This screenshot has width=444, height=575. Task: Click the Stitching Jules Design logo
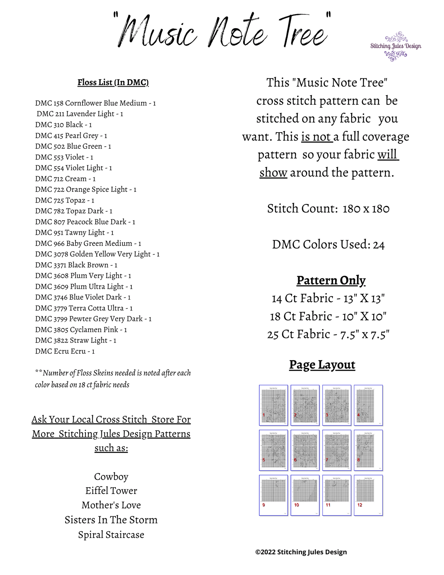coord(396,46)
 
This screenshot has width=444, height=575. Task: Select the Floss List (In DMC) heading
coord(113,82)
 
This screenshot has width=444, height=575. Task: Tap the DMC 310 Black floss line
coord(63,125)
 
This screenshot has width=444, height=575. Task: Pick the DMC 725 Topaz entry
coord(65,200)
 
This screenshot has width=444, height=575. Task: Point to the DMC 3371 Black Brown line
coord(76,265)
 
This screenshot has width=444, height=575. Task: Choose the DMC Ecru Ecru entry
coord(65,351)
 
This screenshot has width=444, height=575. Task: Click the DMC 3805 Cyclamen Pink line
coord(81,330)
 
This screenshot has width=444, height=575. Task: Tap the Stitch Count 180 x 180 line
coord(328,209)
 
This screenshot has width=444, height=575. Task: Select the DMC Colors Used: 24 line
coord(328,245)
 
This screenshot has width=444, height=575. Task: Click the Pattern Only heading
coord(331,280)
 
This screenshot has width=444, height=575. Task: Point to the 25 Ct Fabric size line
coord(328,334)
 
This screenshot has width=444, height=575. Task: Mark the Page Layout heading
coord(322,365)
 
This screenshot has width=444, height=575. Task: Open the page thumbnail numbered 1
coord(273,405)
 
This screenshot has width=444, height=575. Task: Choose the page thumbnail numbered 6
coord(305,450)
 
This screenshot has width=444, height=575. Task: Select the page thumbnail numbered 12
coord(368,495)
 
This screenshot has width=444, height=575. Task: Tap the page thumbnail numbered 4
coord(368,405)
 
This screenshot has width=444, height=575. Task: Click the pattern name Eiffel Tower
coord(111,491)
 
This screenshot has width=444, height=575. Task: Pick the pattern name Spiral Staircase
coord(111,535)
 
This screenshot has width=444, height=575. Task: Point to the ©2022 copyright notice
coord(301,552)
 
